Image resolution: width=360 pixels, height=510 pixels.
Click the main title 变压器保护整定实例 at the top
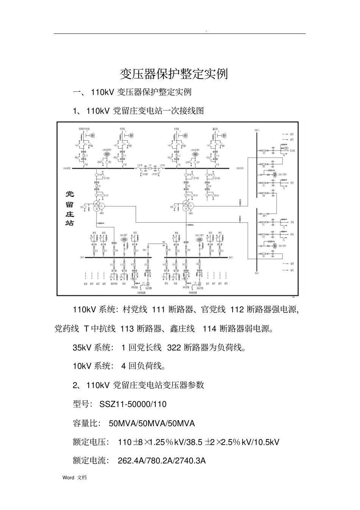(174, 74)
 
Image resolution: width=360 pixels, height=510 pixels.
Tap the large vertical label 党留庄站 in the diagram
(70, 208)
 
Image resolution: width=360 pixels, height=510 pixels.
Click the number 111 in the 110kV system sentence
(158, 309)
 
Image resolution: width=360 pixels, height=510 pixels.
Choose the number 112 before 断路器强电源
(237, 309)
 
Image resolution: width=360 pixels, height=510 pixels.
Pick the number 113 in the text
(127, 328)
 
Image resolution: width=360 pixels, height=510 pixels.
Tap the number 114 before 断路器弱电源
(209, 328)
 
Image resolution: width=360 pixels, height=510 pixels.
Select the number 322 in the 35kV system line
(174, 347)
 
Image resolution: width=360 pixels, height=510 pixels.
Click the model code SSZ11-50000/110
(133, 404)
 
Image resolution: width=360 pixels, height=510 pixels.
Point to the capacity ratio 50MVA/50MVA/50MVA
(152, 423)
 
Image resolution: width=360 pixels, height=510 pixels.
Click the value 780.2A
(161, 461)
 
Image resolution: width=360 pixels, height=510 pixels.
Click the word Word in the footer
(68, 478)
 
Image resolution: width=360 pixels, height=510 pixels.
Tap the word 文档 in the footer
(82, 478)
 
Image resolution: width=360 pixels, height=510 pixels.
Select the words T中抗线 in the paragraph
(100, 328)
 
